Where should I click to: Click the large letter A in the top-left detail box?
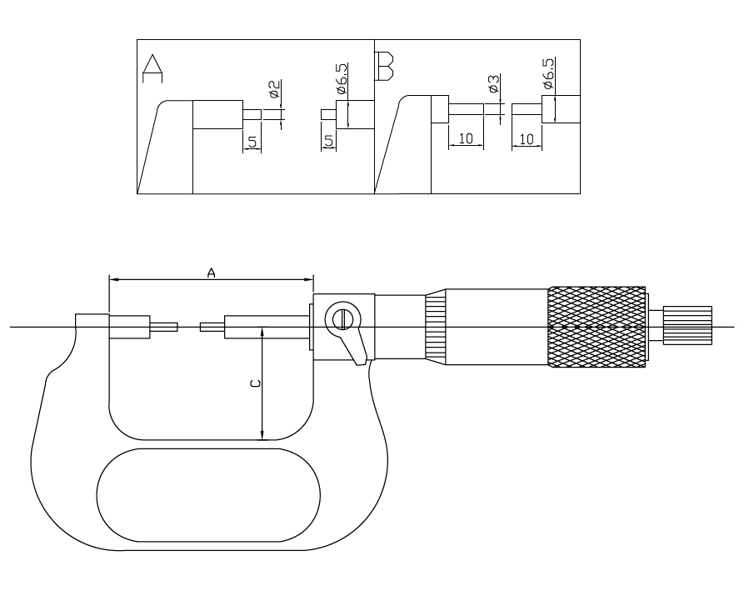[x=152, y=68]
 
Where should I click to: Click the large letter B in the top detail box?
[x=385, y=67]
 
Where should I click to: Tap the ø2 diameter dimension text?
[x=274, y=88]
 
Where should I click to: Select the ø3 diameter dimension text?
[x=493, y=83]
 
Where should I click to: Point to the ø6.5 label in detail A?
[x=342, y=78]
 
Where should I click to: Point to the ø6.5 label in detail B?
[x=548, y=73]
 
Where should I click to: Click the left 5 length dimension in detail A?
[x=253, y=142]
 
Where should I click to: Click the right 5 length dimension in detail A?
[x=329, y=141]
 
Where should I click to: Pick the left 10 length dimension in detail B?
[x=466, y=138]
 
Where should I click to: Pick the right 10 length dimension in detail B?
[x=527, y=139]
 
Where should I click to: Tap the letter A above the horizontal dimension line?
[x=211, y=273]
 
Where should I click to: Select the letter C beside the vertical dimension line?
[x=255, y=383]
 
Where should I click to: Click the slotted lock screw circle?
[x=342, y=320]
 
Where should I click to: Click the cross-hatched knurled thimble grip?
[x=597, y=327]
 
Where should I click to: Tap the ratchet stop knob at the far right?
[x=687, y=325]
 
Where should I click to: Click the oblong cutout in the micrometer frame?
[x=208, y=495]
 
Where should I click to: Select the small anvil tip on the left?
[x=163, y=327]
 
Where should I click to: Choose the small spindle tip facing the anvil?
[x=212, y=327]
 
